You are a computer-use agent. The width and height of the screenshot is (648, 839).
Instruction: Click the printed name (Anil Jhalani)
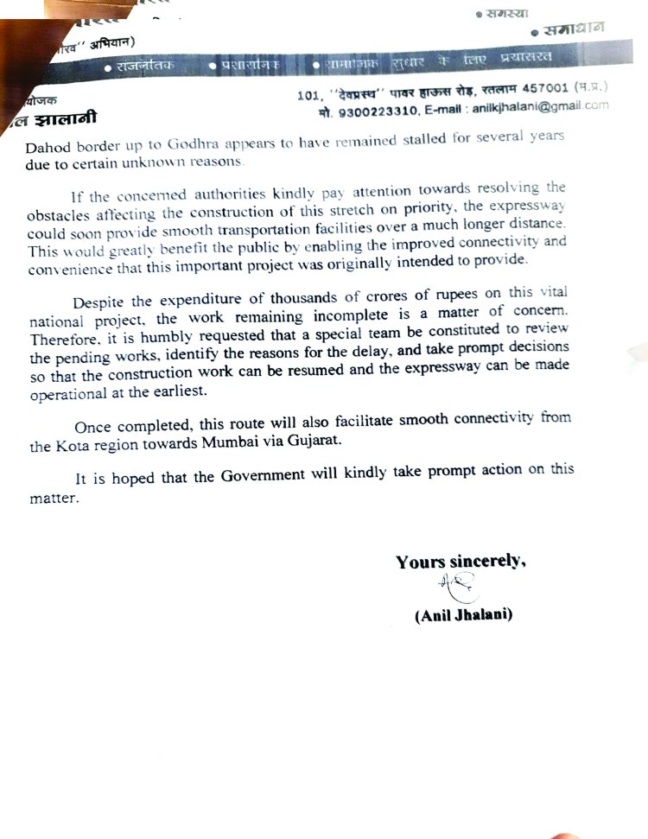tap(463, 615)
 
